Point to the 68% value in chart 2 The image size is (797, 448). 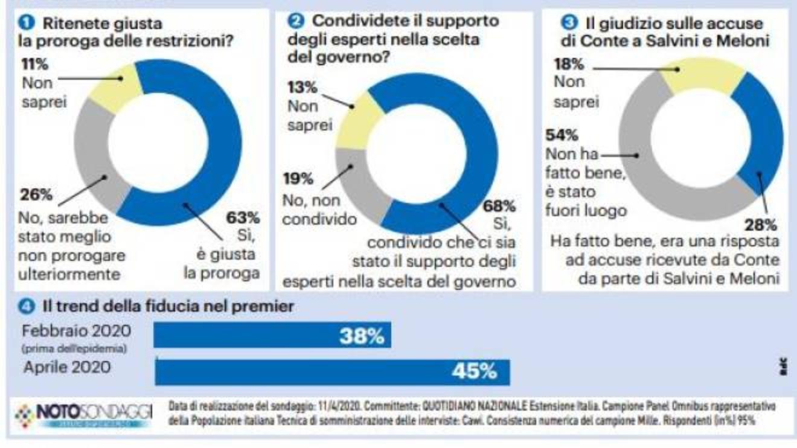[x=499, y=206]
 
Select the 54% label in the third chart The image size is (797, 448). [x=562, y=135]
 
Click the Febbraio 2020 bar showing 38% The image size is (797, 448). [x=272, y=334]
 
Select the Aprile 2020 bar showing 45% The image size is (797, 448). [x=332, y=372]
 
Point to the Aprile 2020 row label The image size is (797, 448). [x=67, y=367]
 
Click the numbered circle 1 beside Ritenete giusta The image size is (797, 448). [x=25, y=24]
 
